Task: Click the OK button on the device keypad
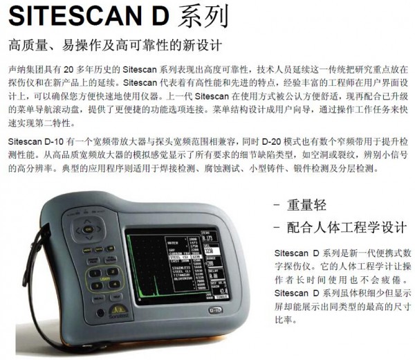pos(88,228)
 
